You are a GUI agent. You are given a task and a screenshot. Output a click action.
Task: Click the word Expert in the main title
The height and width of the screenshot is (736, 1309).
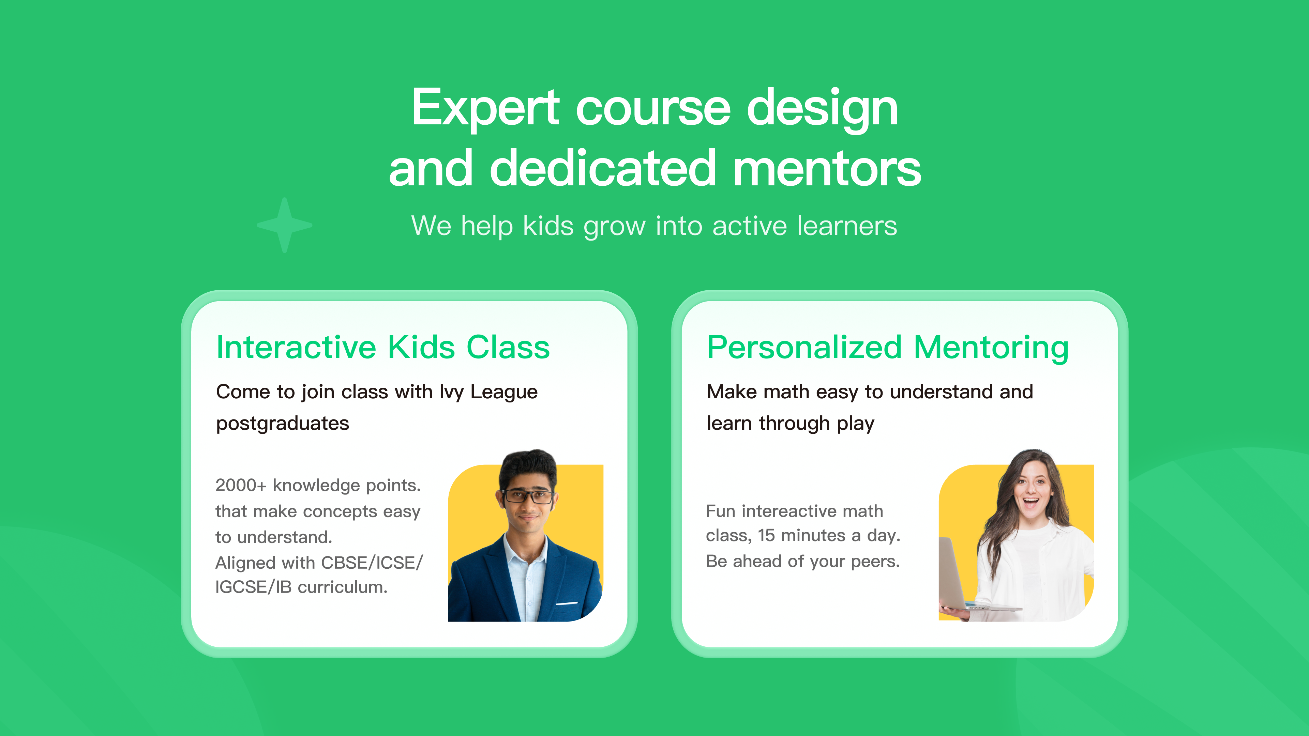click(486, 108)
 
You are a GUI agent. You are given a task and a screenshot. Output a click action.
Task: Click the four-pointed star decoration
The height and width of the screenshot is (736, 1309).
click(285, 225)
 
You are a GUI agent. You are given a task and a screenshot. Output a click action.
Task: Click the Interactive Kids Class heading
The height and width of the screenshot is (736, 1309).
click(383, 348)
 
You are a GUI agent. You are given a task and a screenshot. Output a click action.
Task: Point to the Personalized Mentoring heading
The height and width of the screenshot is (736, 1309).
click(888, 349)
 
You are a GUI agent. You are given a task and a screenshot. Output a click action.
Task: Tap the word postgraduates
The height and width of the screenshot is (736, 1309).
click(283, 424)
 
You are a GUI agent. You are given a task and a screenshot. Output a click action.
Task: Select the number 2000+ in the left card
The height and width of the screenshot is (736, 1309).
click(241, 485)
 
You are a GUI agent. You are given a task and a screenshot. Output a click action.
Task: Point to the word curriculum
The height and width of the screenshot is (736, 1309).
click(343, 587)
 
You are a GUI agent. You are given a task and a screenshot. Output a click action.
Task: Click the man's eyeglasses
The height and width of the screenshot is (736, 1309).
click(527, 496)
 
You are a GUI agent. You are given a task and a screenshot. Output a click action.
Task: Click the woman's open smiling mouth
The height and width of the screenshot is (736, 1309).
click(1030, 503)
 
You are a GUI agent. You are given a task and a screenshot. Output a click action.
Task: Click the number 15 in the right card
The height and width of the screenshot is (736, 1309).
click(766, 535)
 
